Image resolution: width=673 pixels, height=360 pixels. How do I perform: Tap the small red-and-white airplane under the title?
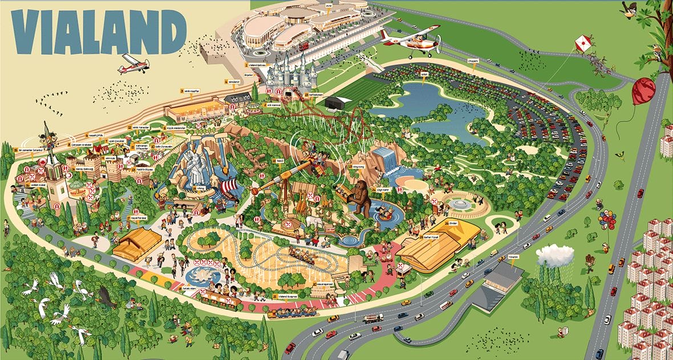[x=133, y=64]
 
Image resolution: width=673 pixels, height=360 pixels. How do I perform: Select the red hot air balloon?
[x=643, y=91]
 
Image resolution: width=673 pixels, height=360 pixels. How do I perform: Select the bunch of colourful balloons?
[x=607, y=220]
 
